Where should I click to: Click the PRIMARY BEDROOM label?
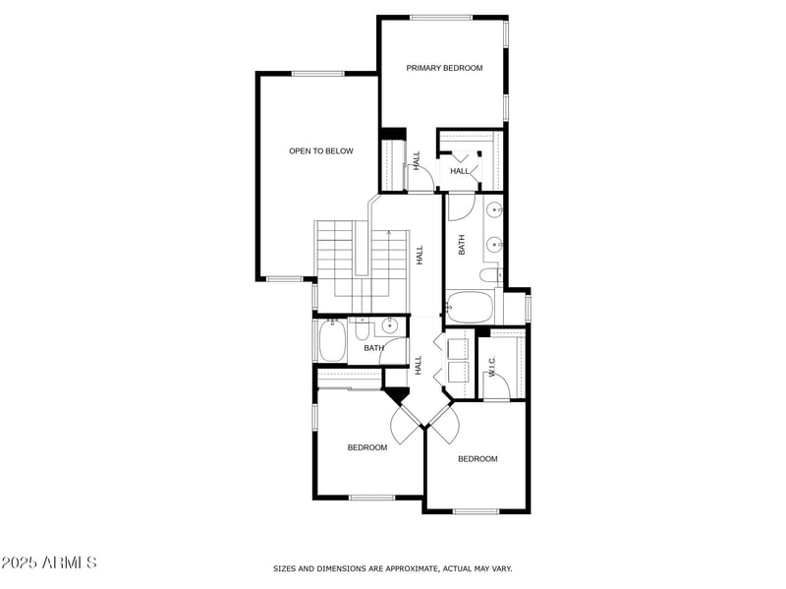445,68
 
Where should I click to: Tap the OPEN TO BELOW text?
320,151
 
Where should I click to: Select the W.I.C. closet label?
492,367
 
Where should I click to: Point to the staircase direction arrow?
390,236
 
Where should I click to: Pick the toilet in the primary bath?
488,275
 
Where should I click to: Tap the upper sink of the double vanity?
494,209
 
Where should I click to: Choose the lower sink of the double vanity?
494,244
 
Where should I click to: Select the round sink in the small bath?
390,327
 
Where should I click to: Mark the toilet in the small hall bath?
361,329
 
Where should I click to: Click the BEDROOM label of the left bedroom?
366,447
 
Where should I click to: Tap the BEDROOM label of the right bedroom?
477,459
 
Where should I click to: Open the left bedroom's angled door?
404,425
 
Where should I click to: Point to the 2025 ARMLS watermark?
48,562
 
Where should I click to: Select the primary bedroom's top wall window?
441,17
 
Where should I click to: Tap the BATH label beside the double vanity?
462,245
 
